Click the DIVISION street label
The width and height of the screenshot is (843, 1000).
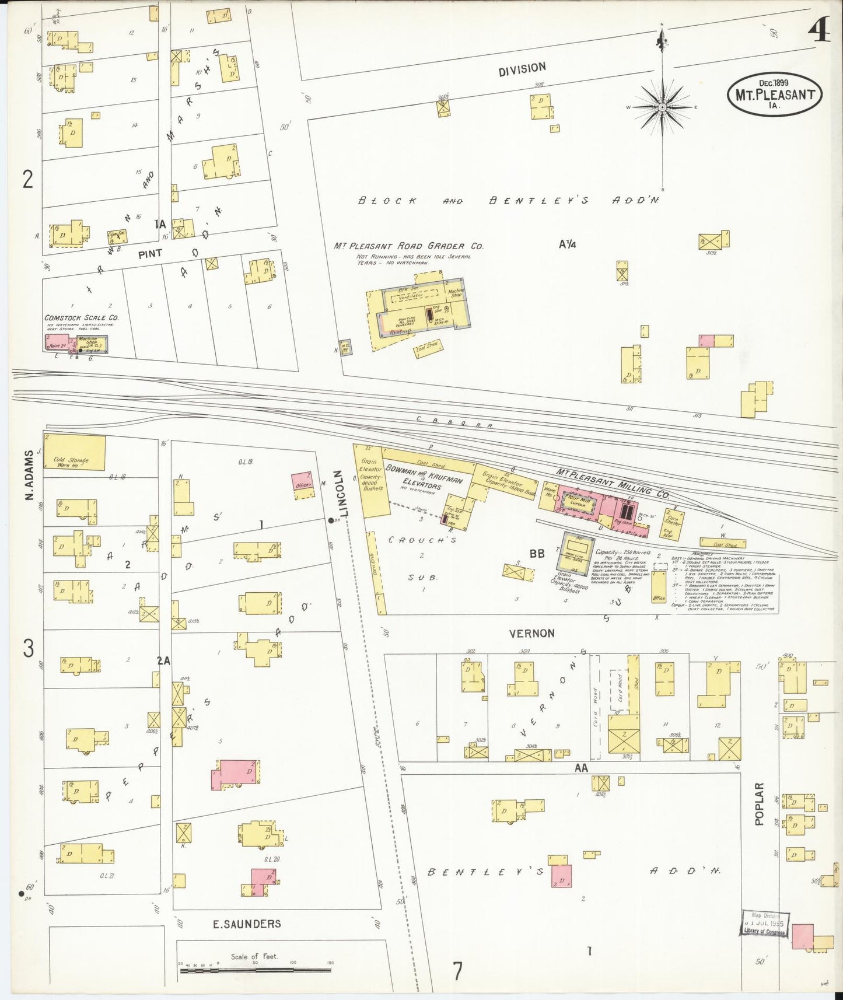[522, 69]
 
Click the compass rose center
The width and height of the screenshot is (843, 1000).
[663, 108]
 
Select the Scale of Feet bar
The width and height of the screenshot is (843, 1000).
[256, 970]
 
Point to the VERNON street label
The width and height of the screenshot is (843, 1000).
[531, 633]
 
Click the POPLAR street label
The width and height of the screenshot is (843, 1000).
[759, 804]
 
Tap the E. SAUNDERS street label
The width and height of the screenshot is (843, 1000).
[247, 924]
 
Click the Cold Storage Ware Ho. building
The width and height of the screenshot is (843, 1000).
[75, 452]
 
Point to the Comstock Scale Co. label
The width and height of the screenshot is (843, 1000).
[82, 318]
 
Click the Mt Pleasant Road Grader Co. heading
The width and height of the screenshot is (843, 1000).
[408, 246]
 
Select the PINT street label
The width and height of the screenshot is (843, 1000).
[150, 254]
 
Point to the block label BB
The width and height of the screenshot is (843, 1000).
[537, 553]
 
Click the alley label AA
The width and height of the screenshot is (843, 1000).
[581, 768]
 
